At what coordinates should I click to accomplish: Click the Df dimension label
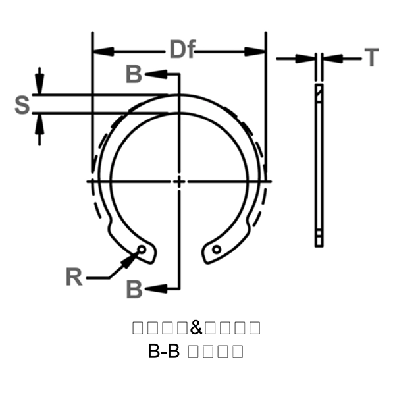[x=182, y=50]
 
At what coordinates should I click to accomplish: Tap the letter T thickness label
[x=372, y=58]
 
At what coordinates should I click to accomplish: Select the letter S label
[x=22, y=104]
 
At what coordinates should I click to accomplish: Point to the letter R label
[x=74, y=277]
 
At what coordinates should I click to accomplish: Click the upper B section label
[x=134, y=75]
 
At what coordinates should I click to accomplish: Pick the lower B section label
[x=134, y=288]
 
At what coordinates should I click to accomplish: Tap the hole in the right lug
[x=216, y=249]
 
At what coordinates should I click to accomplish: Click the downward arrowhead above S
[x=40, y=86]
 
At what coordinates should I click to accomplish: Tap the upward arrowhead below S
[x=40, y=121]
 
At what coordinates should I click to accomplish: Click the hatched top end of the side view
[x=319, y=92]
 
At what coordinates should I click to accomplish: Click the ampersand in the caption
[x=197, y=327]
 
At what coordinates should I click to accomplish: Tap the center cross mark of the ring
[x=178, y=180]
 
